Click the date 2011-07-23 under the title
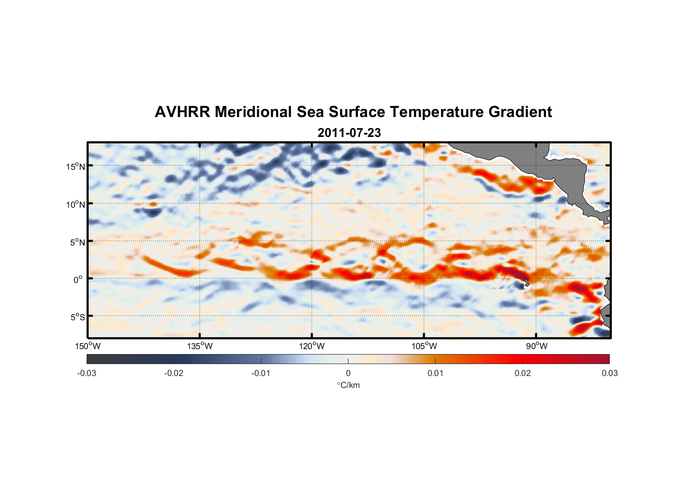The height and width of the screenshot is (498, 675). [x=349, y=133]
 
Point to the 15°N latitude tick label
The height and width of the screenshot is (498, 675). [x=76, y=166]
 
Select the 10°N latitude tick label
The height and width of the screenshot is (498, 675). [x=76, y=204]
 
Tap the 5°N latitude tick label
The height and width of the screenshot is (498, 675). [x=77, y=242]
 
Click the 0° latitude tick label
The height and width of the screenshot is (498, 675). [x=78, y=279]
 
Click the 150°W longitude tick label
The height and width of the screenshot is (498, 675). [x=88, y=346]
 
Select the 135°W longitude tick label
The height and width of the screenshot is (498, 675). [x=200, y=346]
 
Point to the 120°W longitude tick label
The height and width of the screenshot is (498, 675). [x=312, y=346]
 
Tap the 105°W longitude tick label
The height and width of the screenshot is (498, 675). [x=424, y=346]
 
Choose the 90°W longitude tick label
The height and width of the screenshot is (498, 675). [x=537, y=346]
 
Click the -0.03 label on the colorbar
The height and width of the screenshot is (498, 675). [x=87, y=373]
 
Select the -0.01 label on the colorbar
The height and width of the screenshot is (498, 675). [x=261, y=373]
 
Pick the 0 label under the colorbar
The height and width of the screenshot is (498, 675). [x=348, y=373]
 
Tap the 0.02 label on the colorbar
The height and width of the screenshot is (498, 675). [x=523, y=373]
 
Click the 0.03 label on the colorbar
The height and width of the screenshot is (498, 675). [x=609, y=373]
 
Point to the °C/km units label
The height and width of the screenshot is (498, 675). [x=348, y=385]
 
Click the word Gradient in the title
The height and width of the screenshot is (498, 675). [x=520, y=112]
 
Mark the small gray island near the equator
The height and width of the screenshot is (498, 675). [x=527, y=282]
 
